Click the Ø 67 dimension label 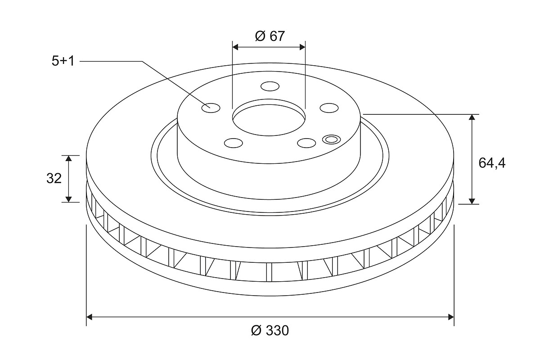tap(270, 36)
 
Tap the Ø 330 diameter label tap(270, 330)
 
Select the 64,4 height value tap(492, 163)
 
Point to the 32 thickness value tap(54, 179)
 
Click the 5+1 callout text tap(63, 61)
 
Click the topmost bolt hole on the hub tap(270, 86)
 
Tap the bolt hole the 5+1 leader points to tap(211, 108)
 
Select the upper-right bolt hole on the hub tap(329, 108)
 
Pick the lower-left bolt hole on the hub tap(234, 143)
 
